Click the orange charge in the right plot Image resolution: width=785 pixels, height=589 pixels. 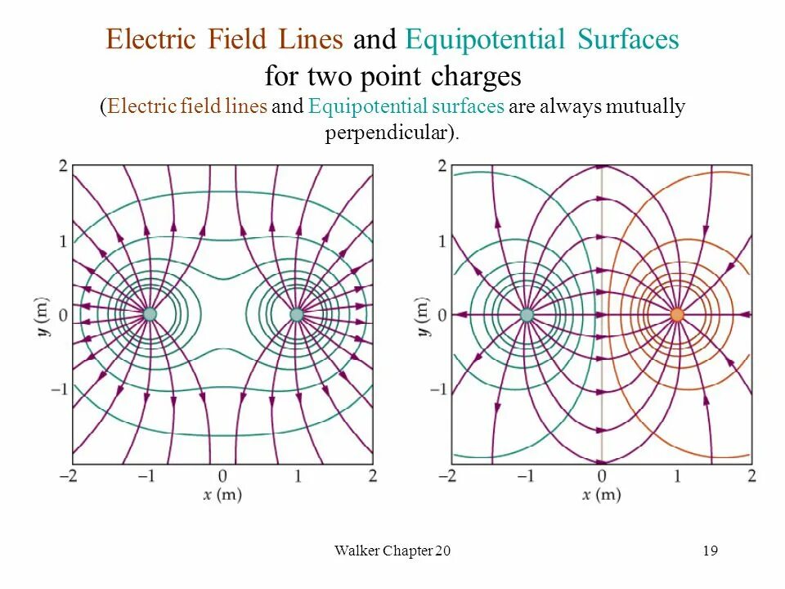(677, 315)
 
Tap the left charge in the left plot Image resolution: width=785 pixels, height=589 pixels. (150, 314)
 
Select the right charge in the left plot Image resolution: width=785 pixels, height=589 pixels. (297, 314)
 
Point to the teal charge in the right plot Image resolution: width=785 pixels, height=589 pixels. (527, 315)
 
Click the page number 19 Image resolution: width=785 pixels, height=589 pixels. (710, 551)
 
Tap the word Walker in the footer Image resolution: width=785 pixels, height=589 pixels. (357, 551)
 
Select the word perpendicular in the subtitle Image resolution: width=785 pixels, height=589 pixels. (389, 133)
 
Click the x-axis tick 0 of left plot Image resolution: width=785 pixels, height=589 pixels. (223, 475)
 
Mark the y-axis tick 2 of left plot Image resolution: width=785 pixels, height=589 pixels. (63, 166)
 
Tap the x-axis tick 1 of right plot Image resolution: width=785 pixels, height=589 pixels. (677, 475)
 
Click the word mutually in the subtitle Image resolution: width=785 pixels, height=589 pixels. (645, 107)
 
